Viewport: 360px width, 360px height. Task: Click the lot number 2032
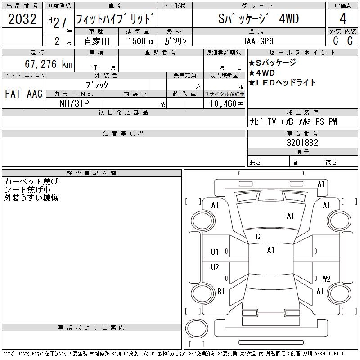pos(22,19)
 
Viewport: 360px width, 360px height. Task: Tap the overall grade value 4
pos(343,18)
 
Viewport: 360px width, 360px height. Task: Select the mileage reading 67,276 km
pos(49,64)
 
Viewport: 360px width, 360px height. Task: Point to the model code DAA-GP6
pos(257,41)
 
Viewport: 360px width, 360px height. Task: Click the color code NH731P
pos(74,103)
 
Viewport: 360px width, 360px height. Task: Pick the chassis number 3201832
pos(302,143)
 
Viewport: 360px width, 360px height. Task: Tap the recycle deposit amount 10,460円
pos(227,104)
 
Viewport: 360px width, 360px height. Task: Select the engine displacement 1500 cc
pos(141,41)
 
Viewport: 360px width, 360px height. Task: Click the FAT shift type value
pos(13,94)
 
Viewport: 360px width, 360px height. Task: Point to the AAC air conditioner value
pos(35,94)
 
